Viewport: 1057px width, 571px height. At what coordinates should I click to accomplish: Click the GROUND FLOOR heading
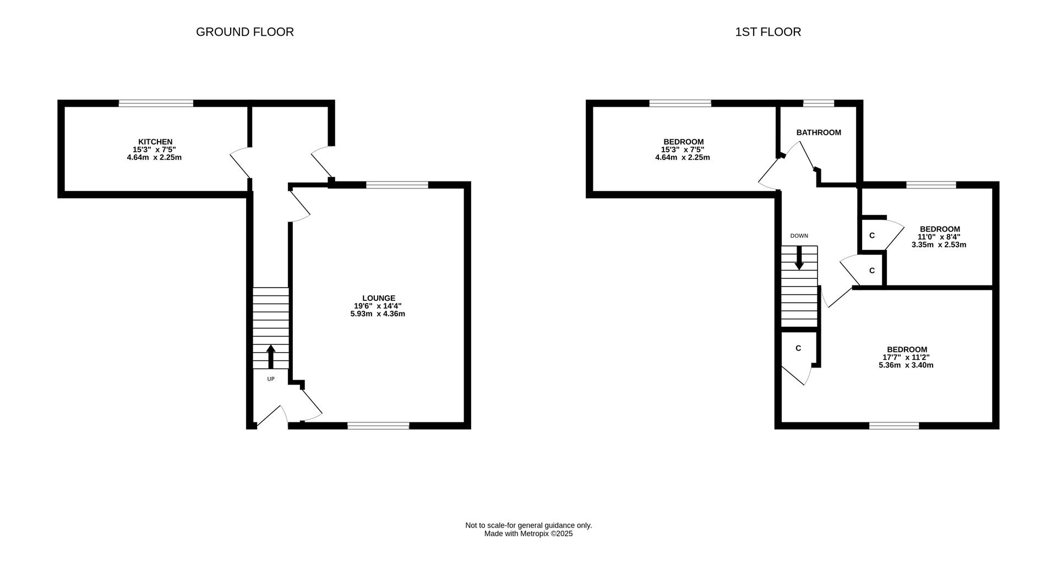[245, 32]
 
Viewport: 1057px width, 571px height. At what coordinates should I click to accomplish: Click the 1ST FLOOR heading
[768, 32]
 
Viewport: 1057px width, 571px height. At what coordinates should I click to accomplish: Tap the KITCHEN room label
[155, 142]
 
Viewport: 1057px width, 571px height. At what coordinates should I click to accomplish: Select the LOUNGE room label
[379, 298]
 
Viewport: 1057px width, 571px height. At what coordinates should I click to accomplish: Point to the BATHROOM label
[819, 133]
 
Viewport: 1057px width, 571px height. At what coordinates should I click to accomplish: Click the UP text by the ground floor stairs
[271, 379]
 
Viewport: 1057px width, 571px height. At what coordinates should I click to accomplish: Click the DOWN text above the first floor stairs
[799, 236]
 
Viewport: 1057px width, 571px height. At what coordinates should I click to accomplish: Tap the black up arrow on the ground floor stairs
[271, 356]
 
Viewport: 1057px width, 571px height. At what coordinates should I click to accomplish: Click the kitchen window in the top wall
[156, 103]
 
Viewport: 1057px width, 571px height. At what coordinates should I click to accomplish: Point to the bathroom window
[819, 103]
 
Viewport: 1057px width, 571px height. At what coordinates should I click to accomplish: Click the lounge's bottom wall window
[378, 425]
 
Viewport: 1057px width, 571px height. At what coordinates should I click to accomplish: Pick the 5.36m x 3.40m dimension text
[906, 365]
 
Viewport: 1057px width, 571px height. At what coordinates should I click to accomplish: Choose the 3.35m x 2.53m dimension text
[939, 245]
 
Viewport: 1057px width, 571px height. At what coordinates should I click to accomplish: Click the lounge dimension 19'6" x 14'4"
[378, 306]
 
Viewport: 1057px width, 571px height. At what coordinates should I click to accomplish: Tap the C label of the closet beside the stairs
[798, 348]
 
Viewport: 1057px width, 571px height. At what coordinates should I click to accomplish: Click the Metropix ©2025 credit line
[528, 534]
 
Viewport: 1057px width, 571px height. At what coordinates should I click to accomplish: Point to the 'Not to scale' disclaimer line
[528, 525]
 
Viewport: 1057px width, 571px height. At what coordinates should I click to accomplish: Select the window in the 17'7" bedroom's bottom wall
[894, 425]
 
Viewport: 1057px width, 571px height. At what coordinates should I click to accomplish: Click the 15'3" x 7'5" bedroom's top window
[680, 103]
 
